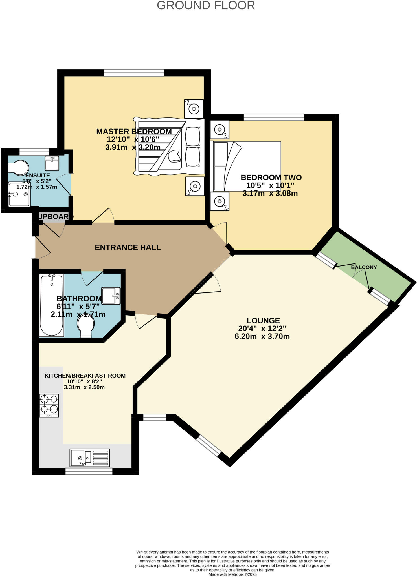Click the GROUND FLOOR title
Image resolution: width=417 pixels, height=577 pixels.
coord(206,6)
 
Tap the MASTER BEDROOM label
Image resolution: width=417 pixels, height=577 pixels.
coord(134,132)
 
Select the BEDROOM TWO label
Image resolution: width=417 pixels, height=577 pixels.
coord(271,177)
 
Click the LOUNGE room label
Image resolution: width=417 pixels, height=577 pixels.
coord(263,321)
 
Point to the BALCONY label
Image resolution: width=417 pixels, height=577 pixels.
coord(364,267)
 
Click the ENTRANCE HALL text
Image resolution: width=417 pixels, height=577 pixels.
coord(128,247)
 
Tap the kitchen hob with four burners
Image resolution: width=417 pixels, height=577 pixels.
coord(49,405)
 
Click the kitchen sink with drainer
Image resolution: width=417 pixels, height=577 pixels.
coord(89,458)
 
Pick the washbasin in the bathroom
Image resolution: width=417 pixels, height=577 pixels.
coord(111,296)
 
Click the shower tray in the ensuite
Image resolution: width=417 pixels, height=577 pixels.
coord(19,194)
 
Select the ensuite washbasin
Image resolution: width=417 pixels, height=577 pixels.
coord(52,163)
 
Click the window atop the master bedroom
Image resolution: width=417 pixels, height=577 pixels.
coord(134,73)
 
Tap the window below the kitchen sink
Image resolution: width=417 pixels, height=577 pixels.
coord(89,471)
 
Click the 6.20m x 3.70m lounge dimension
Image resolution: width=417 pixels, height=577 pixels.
coord(262,336)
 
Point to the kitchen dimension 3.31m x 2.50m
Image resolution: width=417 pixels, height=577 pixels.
coord(84,387)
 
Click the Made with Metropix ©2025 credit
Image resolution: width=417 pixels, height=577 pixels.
coord(232,574)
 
